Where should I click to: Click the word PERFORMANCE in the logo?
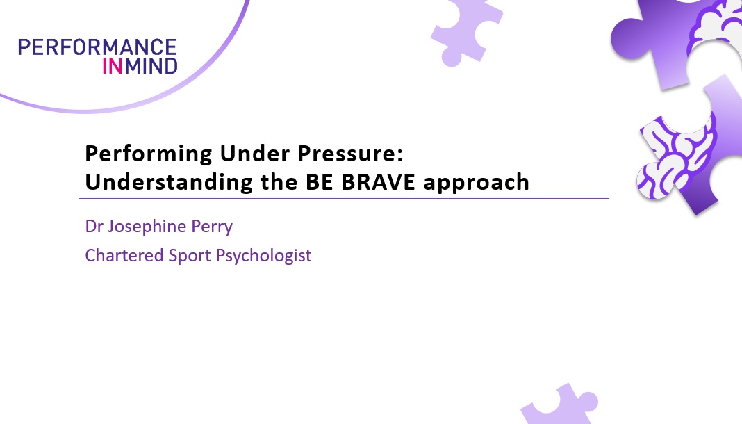coord(97,47)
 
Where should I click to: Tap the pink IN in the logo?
coord(113,66)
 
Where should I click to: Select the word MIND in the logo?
coord(151,66)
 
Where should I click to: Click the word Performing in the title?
coord(149,154)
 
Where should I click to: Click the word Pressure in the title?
coord(349,154)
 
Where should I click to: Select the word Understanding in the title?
coord(169,183)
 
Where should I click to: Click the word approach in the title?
coord(476,183)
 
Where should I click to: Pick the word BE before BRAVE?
coord(320,182)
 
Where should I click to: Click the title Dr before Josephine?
coord(94,226)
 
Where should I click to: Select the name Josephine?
coord(147,227)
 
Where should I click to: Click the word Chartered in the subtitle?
coord(124,256)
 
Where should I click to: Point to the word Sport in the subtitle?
coord(190,256)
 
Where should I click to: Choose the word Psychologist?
coord(263,256)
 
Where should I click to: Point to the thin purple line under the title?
coord(344,198)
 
